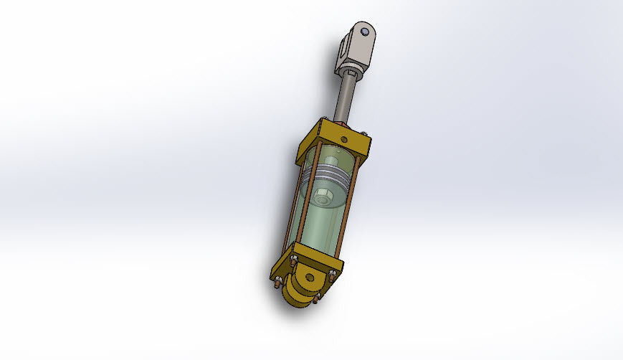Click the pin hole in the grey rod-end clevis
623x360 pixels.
pyautogui.click(x=365, y=32)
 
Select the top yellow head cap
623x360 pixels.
pyautogui.click(x=331, y=144)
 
